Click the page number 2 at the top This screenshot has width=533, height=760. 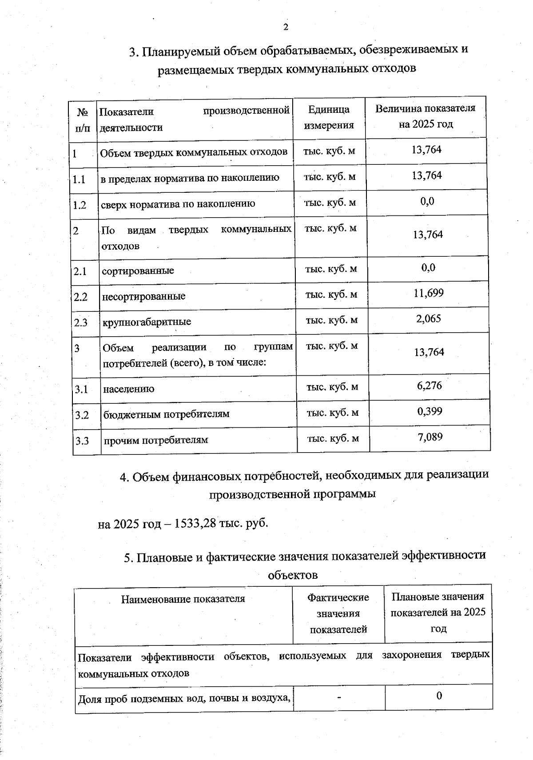286,27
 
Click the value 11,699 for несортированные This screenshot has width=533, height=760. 428,293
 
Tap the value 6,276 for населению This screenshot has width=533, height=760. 429,385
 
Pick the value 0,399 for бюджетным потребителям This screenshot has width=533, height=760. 430,411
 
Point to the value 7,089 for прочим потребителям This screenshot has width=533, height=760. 430,437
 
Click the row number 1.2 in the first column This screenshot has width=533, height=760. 80,205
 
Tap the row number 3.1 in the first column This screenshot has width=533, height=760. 81,390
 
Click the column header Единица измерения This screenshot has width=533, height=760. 329,117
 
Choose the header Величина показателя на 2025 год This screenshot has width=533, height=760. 425,116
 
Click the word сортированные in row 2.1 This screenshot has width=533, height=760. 138,271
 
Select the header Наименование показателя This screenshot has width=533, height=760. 183,599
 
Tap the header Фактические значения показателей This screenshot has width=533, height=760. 338,613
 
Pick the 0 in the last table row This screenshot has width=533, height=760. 439,696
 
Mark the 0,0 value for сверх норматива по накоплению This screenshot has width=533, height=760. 427,202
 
